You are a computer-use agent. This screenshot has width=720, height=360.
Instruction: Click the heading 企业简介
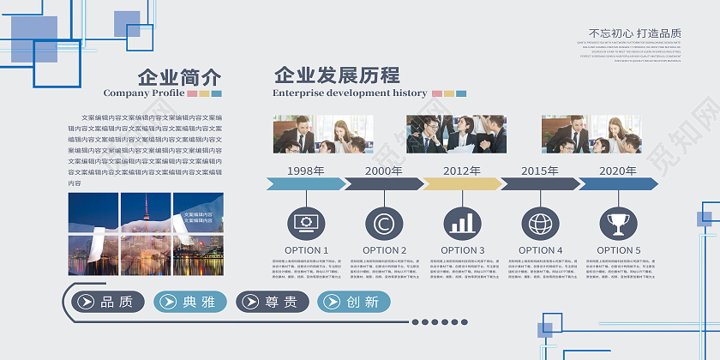(179, 75)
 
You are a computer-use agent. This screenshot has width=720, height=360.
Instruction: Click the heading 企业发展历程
(337, 75)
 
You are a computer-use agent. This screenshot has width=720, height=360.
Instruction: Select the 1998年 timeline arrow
(306, 183)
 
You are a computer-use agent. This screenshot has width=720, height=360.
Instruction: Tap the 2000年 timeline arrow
(383, 183)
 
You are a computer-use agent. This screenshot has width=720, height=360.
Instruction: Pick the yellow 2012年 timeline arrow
(462, 183)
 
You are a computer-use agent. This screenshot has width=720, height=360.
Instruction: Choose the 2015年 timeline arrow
(540, 183)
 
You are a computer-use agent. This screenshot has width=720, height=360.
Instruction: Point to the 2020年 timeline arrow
(618, 183)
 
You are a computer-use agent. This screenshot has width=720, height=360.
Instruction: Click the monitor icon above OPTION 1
(306, 224)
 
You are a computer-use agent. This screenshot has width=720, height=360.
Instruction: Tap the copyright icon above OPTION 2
(384, 224)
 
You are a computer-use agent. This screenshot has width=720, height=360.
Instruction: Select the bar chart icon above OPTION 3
(462, 224)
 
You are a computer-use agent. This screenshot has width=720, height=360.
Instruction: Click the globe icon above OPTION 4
(540, 224)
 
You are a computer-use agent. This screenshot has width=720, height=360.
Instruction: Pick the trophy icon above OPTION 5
(618, 224)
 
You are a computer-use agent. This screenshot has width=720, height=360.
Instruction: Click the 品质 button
(108, 302)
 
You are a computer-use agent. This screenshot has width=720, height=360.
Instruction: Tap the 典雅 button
(190, 302)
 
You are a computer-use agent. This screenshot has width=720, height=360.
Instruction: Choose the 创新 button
(354, 302)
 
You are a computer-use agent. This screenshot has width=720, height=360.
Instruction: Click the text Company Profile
(144, 93)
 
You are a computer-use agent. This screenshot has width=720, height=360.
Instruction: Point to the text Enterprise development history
(350, 93)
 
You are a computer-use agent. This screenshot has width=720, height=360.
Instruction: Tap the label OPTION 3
(463, 250)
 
